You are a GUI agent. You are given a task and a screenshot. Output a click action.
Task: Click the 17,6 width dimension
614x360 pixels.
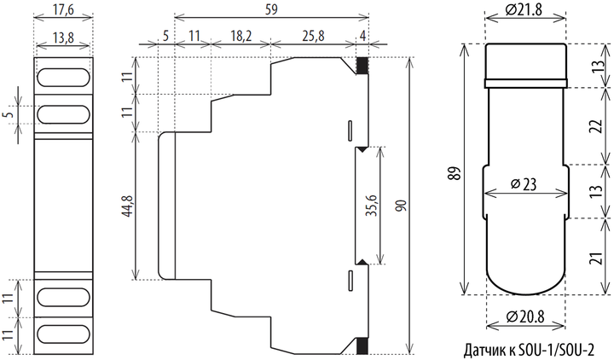(x=63, y=10)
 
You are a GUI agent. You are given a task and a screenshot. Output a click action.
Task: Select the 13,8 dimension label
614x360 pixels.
(x=63, y=38)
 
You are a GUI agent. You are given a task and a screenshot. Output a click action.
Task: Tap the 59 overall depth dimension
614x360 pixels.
(x=271, y=9)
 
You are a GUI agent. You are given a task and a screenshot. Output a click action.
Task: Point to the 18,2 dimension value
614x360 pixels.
(x=240, y=36)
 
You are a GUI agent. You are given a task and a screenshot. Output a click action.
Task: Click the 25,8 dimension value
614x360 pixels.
(x=313, y=36)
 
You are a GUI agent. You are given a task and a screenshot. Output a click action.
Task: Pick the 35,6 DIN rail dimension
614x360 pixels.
(x=373, y=206)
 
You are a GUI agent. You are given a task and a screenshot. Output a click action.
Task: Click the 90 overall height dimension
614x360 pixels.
(x=402, y=206)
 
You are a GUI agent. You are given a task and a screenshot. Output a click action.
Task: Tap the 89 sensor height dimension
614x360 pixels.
(x=455, y=173)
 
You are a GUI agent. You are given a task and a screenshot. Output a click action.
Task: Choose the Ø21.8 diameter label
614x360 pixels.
(x=524, y=9)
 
